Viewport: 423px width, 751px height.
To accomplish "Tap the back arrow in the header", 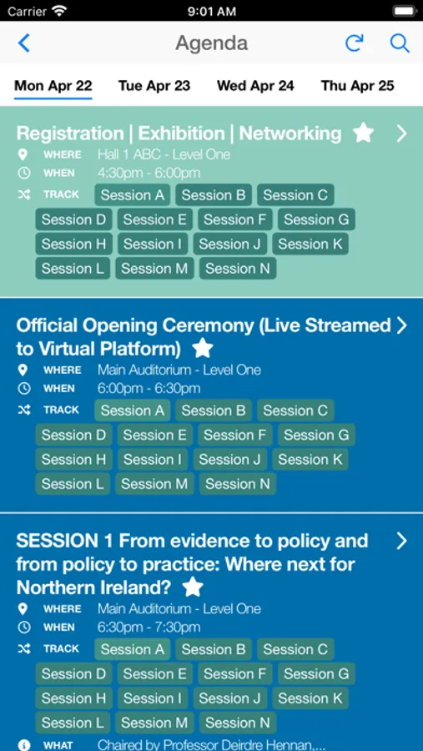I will pos(24,43).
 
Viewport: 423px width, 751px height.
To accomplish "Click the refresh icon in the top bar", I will pos(355,43).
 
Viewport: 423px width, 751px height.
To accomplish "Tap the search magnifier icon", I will pos(400,43).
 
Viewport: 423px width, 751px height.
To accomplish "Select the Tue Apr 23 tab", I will pos(154,86).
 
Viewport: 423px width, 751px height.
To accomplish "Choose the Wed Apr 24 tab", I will pos(255,86).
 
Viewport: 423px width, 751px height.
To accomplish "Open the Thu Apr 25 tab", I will pos(357,86).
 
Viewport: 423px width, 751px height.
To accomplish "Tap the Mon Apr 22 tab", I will pos(53,86).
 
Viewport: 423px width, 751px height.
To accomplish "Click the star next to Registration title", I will pos(363,133).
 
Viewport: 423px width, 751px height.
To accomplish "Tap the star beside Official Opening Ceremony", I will pos(203,348).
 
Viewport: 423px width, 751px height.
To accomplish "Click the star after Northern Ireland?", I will pos(193,587).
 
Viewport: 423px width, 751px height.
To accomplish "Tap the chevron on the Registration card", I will pos(401,134).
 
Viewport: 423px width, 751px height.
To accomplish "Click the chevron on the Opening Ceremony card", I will pos(401,325).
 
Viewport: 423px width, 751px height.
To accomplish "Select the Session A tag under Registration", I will pos(133,195).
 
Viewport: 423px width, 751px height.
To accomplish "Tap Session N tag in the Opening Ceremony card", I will pos(238,484).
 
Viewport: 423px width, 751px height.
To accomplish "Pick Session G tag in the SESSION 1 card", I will pos(316,673).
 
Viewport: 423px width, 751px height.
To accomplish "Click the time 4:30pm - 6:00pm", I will pos(149,174).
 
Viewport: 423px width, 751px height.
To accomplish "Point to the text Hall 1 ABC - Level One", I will pos(164,154).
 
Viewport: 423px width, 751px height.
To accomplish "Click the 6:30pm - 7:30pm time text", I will pos(149,628).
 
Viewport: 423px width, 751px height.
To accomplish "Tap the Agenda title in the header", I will pos(212,43).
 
